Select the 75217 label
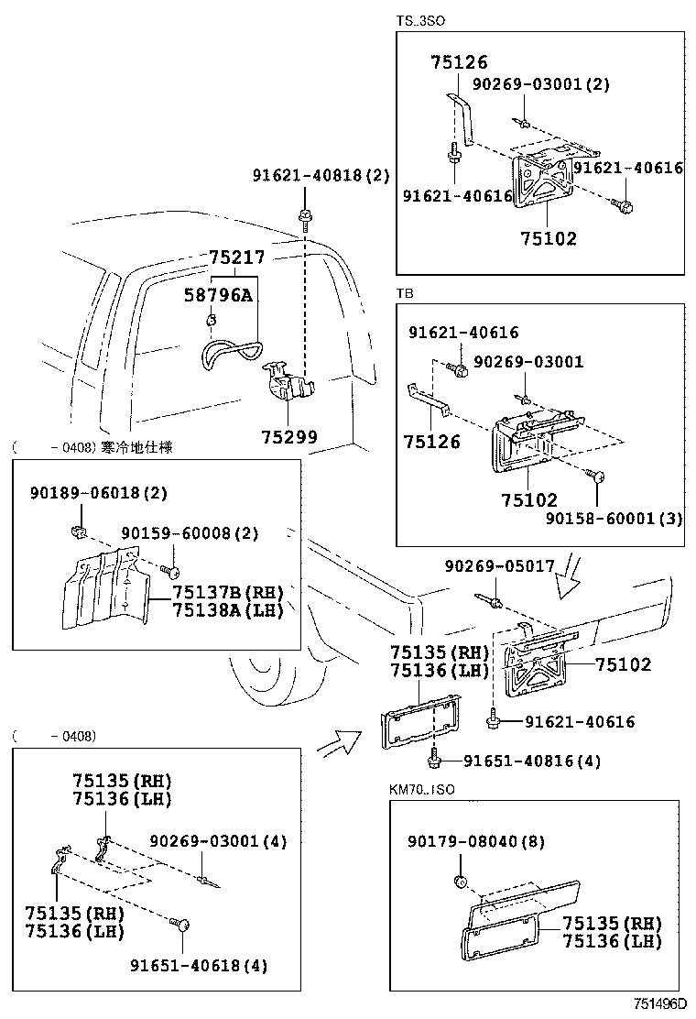[x=235, y=259]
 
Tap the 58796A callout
[x=218, y=295]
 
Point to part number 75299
[x=288, y=437]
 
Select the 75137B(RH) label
[x=228, y=593]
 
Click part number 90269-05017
[x=499, y=566]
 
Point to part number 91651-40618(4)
[x=199, y=965]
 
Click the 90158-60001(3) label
[x=614, y=518]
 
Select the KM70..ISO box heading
[x=422, y=788]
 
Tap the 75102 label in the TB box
[x=528, y=500]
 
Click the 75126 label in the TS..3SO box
[x=459, y=62]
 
